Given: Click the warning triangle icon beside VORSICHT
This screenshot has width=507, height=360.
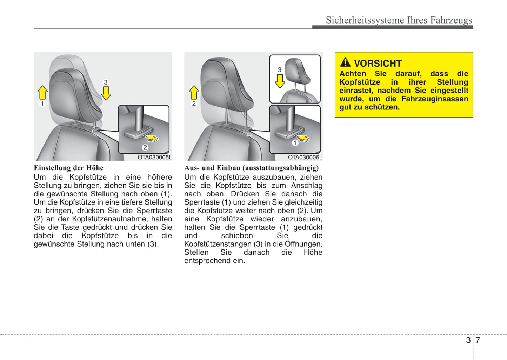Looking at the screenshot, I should pos(345,62).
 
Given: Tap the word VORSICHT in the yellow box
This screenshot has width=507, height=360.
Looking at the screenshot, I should pos(378,64).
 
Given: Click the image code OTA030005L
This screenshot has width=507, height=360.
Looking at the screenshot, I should pos(155,158).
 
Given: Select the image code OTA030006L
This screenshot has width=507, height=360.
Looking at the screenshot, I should pos(305,158).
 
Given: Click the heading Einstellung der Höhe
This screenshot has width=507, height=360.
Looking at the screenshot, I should pos(68,168).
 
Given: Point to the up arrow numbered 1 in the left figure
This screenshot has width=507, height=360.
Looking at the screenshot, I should pos(42,93).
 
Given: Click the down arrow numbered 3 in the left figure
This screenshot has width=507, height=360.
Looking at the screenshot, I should pos(106,93).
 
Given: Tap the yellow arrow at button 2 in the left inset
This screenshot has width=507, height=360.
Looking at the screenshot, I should pos(152,138).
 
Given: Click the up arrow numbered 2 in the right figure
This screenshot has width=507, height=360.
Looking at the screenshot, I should pos(194,93).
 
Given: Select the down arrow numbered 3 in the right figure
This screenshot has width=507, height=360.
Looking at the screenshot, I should pos(280,80).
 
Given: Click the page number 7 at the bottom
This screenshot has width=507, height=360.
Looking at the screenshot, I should pos(478,340).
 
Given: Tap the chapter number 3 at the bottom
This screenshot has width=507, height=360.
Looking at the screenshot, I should pos(468,340).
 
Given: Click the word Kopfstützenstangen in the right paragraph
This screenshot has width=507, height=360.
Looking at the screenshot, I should pos(218,244).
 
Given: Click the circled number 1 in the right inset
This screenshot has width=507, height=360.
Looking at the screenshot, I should pos(295,143).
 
